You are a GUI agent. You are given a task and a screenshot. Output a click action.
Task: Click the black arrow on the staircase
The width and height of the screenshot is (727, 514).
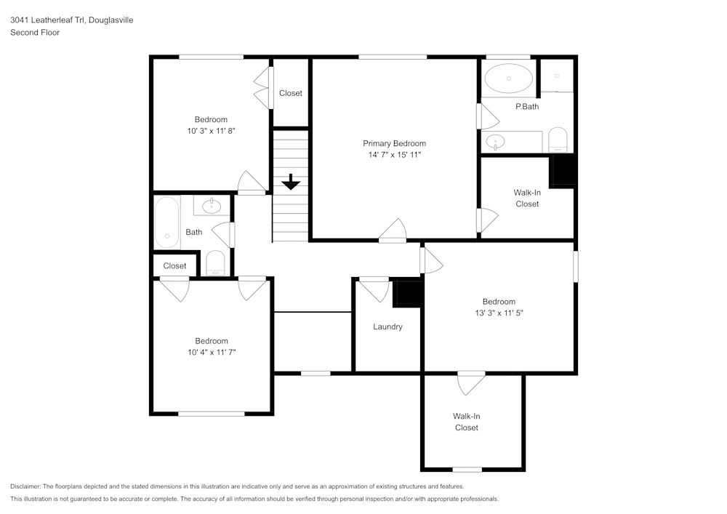click(291, 182)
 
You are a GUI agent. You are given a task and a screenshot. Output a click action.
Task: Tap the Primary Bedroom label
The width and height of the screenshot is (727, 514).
click(394, 143)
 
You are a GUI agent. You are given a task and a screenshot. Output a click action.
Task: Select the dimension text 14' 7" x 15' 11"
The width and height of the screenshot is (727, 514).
click(394, 155)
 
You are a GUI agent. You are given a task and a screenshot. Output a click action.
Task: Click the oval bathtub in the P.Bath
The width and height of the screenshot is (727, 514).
click(508, 78)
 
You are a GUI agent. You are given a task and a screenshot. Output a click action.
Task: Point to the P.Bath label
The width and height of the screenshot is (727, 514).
click(527, 107)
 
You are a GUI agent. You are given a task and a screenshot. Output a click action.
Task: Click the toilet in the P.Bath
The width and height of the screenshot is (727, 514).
click(558, 140)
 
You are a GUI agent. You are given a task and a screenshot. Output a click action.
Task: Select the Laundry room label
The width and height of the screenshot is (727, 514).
click(387, 327)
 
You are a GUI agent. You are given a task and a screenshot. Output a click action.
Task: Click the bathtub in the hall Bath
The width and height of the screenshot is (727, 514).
click(168, 221)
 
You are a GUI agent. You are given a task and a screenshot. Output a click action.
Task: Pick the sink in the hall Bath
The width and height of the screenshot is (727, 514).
click(212, 206)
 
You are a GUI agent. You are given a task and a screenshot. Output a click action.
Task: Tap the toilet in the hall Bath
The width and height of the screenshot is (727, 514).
click(216, 262)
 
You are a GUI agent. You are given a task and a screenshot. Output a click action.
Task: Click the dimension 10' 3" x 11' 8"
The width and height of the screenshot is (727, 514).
click(211, 132)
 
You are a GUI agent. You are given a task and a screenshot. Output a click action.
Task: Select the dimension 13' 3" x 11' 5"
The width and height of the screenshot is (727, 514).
click(499, 313)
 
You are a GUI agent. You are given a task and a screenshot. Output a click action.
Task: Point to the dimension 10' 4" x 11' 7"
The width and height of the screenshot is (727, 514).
click(211, 353)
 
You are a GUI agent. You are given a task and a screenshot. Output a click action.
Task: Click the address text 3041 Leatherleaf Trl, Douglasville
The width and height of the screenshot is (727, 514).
click(71, 20)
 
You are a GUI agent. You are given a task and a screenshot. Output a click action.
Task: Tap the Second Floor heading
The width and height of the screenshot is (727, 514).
click(35, 33)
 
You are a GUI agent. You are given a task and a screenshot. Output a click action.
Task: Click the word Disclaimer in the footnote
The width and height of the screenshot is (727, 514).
click(25, 486)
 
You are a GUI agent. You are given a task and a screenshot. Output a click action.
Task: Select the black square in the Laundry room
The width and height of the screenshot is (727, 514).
click(407, 294)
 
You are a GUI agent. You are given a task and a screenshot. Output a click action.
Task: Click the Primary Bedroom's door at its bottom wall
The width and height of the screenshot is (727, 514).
click(393, 230)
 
